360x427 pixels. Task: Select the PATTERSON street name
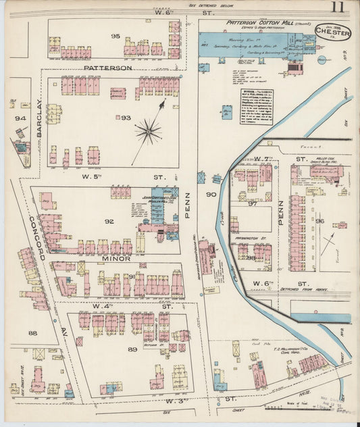pos(107,68)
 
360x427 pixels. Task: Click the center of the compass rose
pos(148,130)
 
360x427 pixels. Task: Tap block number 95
pos(115,36)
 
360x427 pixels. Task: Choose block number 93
pos(126,118)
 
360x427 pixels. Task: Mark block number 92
pos(109,220)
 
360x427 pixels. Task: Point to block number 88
pos(32,332)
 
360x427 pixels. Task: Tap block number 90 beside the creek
pos(210,195)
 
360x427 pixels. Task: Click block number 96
pos(320,220)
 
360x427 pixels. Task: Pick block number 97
pos(252,203)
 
